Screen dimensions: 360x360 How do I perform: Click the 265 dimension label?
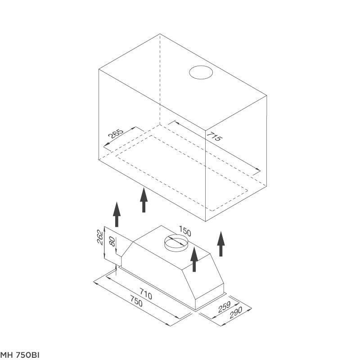[116, 134]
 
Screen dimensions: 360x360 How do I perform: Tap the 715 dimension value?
[215, 136]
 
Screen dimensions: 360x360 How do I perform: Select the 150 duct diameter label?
[185, 231]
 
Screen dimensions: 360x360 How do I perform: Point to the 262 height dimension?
[100, 237]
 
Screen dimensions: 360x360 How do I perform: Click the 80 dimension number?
[112, 242]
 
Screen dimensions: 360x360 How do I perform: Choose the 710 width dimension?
[146, 295]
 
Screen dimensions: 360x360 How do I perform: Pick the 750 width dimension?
[136, 301]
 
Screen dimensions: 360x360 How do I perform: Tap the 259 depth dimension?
[224, 307]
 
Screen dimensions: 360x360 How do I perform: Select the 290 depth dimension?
[235, 312]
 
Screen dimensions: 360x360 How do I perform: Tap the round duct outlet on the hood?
[176, 243]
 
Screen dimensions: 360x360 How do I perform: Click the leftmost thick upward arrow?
[117, 215]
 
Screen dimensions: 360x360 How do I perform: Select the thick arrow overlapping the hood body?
[194, 259]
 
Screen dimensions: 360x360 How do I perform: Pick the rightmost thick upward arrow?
[221, 244]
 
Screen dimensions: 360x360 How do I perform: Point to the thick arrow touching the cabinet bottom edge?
[144, 200]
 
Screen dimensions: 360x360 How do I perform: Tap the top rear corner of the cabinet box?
[160, 34]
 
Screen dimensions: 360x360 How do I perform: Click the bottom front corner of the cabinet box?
[206, 221]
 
